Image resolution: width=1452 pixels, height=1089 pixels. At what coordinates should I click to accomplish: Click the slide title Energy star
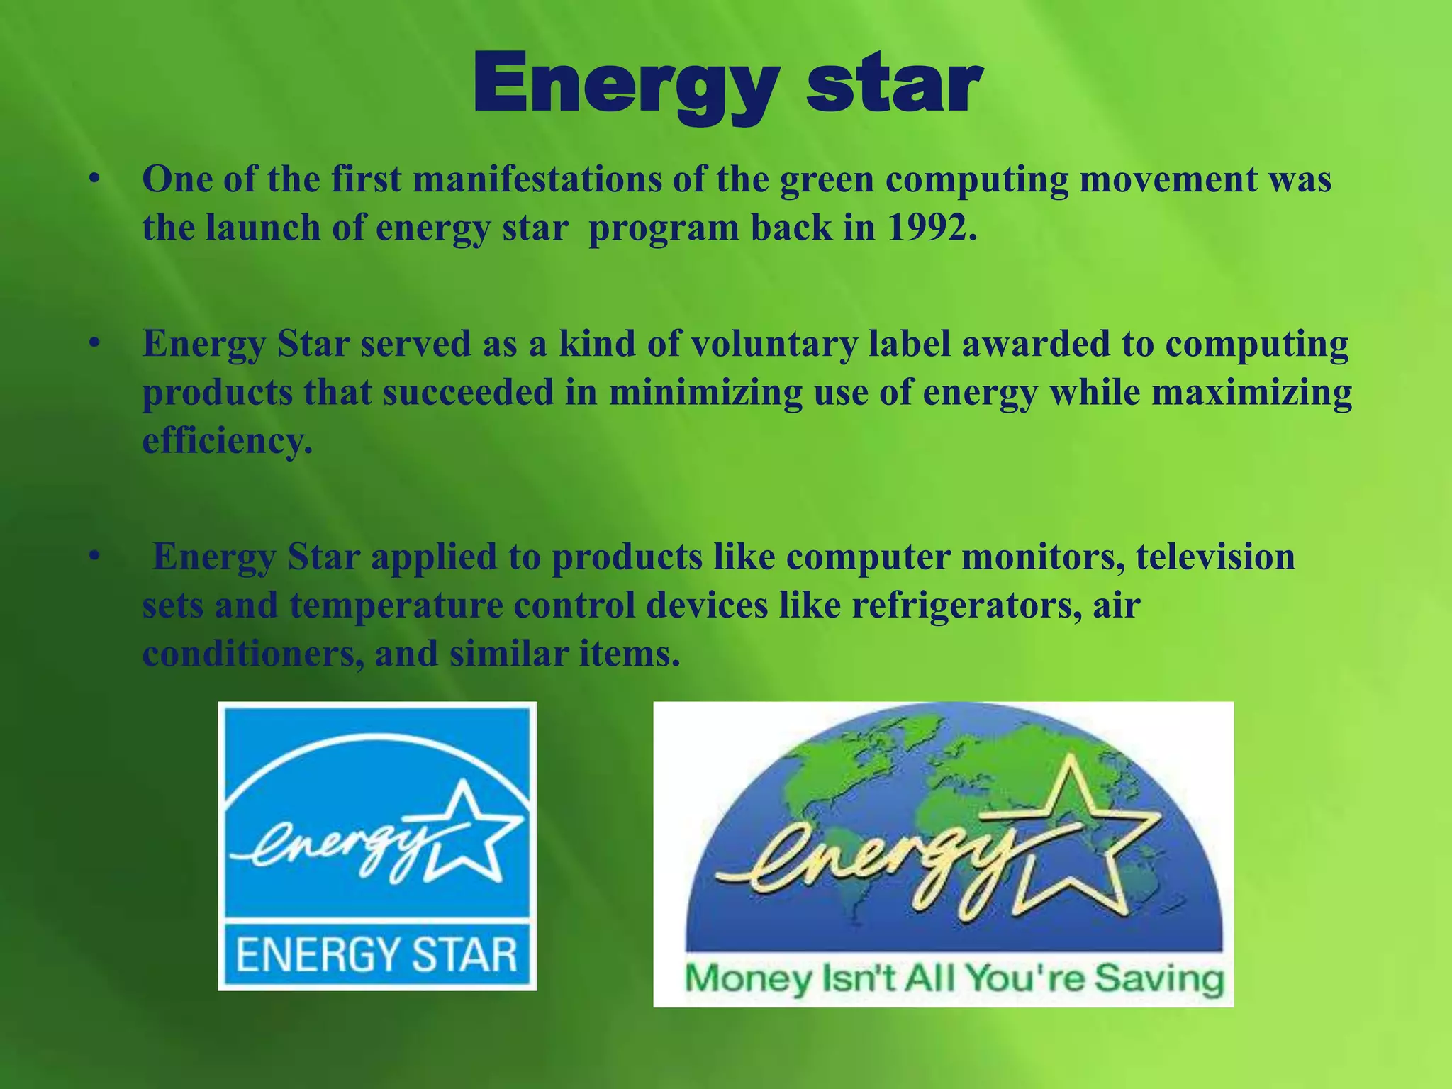[x=727, y=85]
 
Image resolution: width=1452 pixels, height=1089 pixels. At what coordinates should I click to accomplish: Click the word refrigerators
[x=966, y=605]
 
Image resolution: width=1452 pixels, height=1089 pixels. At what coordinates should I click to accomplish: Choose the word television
[x=1215, y=557]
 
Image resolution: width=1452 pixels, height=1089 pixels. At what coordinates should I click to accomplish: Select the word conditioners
[x=252, y=654]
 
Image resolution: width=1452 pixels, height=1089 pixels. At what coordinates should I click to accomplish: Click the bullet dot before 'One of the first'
[x=92, y=179]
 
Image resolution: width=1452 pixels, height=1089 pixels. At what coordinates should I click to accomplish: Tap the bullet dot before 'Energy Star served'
[x=92, y=345]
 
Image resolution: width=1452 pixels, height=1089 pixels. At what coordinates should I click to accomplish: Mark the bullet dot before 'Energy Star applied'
[x=92, y=557]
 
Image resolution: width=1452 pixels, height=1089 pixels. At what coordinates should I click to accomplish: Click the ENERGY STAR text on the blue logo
[x=376, y=954]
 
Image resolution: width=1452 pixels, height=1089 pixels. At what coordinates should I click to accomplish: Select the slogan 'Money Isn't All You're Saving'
[x=953, y=979]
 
